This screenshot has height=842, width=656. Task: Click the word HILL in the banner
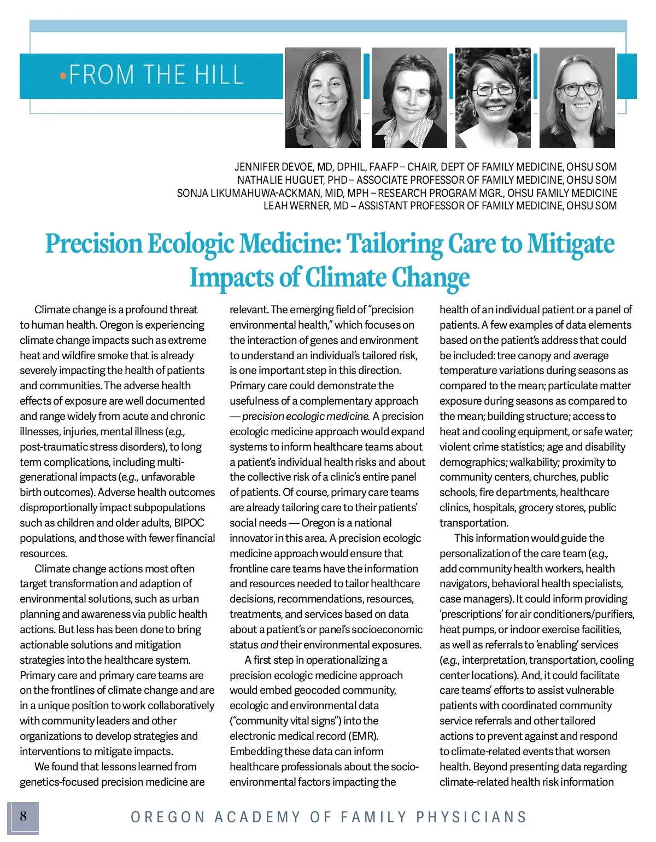(x=218, y=75)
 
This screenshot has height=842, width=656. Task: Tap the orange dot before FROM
(x=63, y=75)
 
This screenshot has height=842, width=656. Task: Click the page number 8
(x=23, y=816)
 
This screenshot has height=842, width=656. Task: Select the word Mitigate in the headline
(x=571, y=244)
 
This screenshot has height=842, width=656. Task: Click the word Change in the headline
(x=430, y=278)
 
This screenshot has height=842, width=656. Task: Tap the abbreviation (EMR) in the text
(x=364, y=736)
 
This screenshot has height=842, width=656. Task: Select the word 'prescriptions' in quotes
(x=471, y=614)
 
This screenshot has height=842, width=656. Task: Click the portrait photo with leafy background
(x=493, y=97)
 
